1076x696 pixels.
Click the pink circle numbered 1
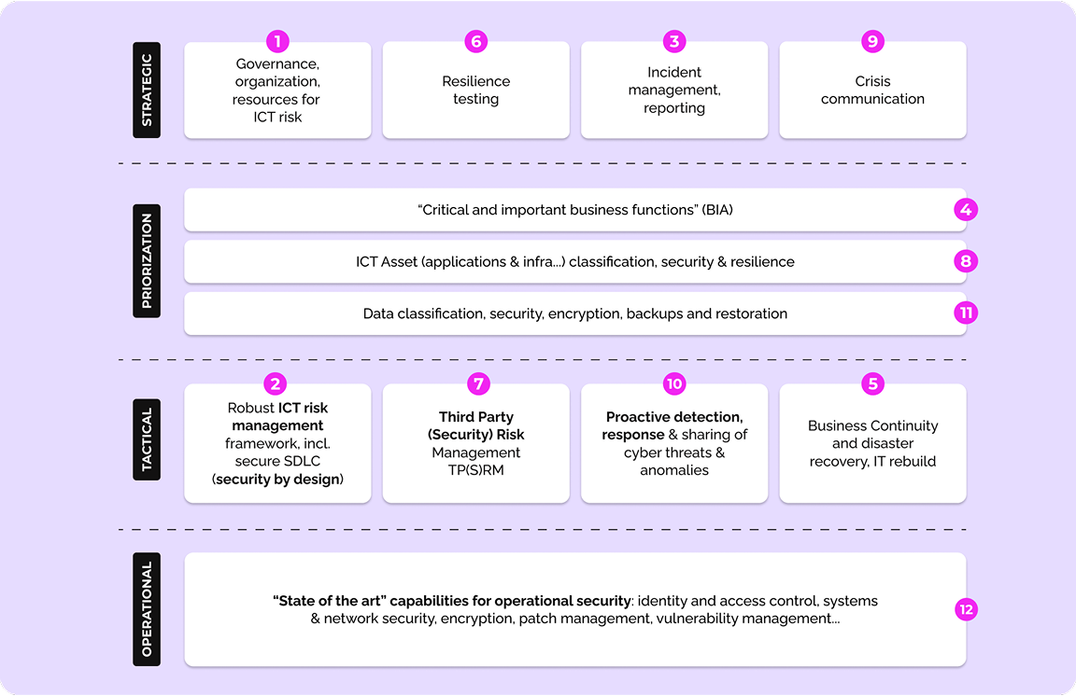pyautogui.click(x=277, y=41)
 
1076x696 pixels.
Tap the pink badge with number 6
pyautogui.click(x=476, y=41)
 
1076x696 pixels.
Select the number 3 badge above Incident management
pyautogui.click(x=674, y=41)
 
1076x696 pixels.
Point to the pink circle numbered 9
pyautogui.click(x=873, y=41)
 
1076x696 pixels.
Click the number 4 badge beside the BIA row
pyautogui.click(x=966, y=209)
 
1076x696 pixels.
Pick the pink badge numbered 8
pyautogui.click(x=966, y=261)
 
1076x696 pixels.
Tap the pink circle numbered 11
pyautogui.click(x=966, y=313)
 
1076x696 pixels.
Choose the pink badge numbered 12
pyautogui.click(x=966, y=609)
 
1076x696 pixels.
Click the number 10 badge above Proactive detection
pyautogui.click(x=674, y=383)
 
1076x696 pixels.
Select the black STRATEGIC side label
pyautogui.click(x=147, y=90)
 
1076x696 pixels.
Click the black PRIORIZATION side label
pyautogui.click(x=147, y=260)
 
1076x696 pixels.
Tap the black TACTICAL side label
pyautogui.click(x=147, y=439)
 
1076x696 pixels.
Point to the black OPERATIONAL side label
pyautogui.click(x=147, y=609)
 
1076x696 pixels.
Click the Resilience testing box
pyautogui.click(x=476, y=90)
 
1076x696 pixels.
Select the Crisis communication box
pyautogui.click(x=873, y=90)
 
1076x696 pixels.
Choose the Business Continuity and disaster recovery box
pyautogui.click(x=873, y=443)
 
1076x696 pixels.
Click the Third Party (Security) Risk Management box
pyautogui.click(x=476, y=443)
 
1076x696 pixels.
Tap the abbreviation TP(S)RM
pyautogui.click(x=476, y=470)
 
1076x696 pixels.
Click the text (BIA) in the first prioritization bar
pyautogui.click(x=717, y=210)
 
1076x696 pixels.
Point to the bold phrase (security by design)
pyautogui.click(x=278, y=480)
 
